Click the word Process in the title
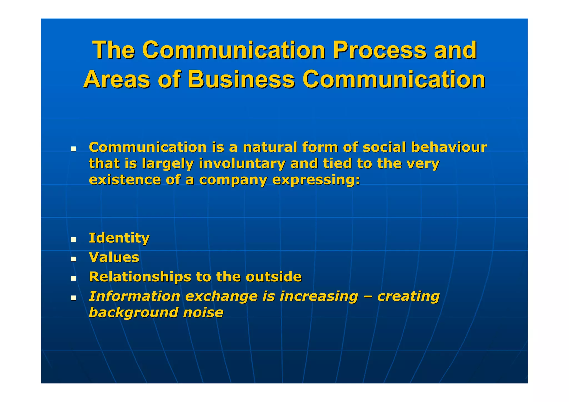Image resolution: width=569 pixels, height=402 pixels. pyautogui.click(x=379, y=50)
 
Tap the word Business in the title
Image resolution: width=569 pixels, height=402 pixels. pyautogui.click(x=241, y=79)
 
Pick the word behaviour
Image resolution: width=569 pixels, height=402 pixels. pyautogui.click(x=449, y=147)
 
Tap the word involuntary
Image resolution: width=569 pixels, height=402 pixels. pyautogui.click(x=242, y=164)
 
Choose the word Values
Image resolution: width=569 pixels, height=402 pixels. pyautogui.click(x=114, y=257)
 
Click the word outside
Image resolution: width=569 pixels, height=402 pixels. pyautogui.click(x=273, y=277)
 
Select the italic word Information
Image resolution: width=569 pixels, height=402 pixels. pyautogui.click(x=134, y=296)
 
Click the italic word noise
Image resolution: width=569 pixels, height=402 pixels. pyautogui.click(x=203, y=313)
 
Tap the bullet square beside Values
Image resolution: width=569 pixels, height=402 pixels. pyautogui.click(x=73, y=259)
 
